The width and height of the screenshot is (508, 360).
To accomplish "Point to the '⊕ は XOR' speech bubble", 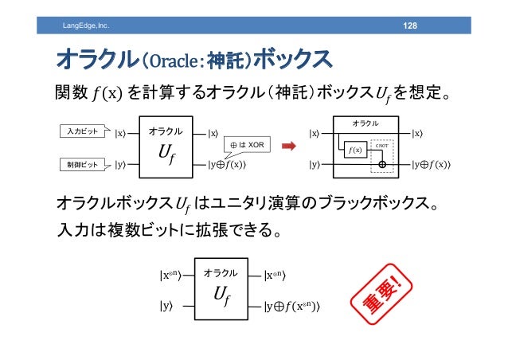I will pos(248,144).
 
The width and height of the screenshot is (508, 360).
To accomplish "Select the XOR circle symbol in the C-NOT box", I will pos(381,165).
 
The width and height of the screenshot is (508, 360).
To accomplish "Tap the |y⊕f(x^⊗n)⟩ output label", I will pos(298,306).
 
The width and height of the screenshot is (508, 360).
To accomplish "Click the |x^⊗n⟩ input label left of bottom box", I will pos(174,276).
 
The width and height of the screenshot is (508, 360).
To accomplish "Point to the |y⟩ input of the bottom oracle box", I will pos(167,305).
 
